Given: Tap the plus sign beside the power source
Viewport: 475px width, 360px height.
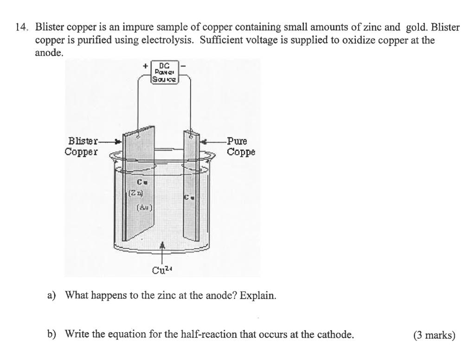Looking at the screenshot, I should (145, 66).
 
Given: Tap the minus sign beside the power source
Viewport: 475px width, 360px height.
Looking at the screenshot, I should (184, 66).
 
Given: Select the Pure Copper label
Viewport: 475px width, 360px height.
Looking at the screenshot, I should (240, 146).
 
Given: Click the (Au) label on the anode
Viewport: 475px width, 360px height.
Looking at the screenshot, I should (143, 208).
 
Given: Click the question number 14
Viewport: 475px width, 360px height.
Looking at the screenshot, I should (21, 27).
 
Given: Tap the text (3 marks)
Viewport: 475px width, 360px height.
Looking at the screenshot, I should (434, 335).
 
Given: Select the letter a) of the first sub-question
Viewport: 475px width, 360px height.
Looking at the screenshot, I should (51, 295).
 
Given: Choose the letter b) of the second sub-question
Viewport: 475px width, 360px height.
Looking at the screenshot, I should (51, 334).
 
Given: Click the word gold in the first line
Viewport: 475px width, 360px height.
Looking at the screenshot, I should (417, 27).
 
